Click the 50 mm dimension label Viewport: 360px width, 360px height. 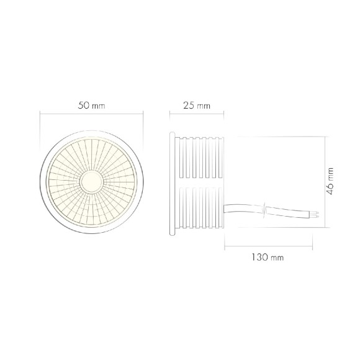click(x=92, y=106)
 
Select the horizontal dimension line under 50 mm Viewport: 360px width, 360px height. click(x=92, y=112)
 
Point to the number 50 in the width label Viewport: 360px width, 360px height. click(x=84, y=106)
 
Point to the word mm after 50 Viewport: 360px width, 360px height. click(x=99, y=106)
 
